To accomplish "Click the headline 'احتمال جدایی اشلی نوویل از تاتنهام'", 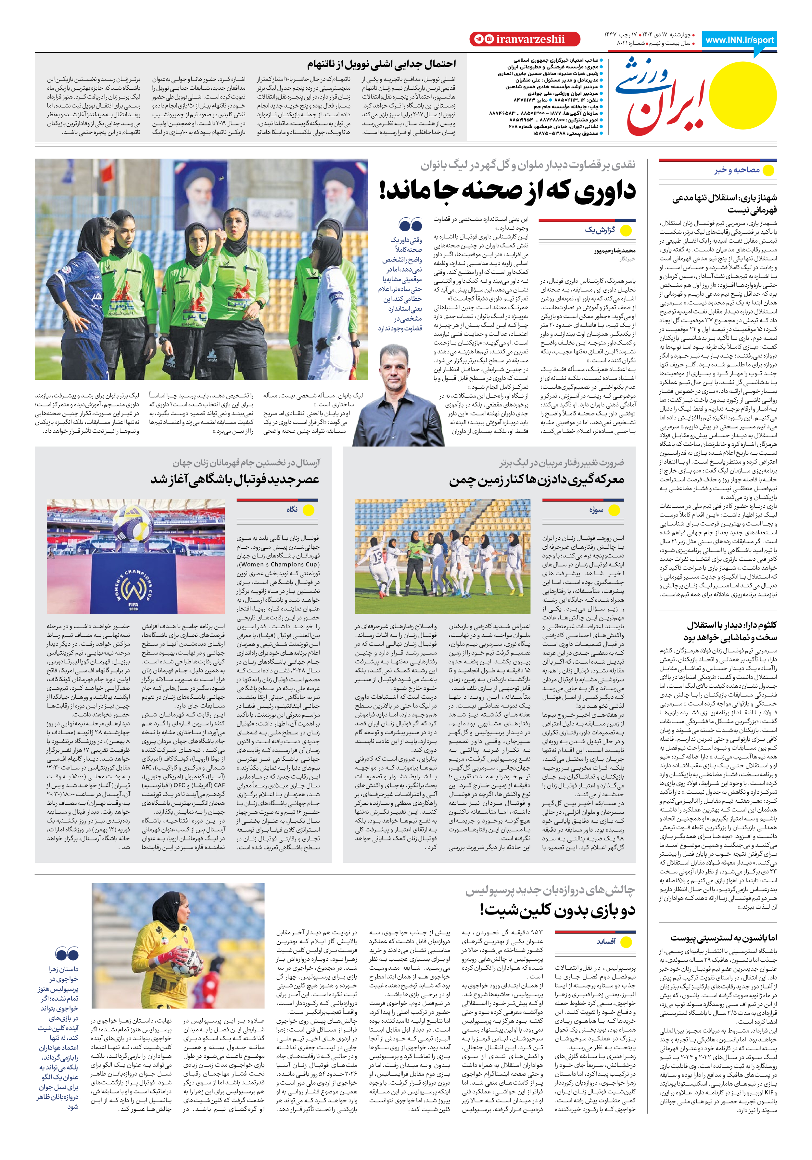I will [382, 64].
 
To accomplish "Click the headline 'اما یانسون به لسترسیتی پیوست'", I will [724, 938].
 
